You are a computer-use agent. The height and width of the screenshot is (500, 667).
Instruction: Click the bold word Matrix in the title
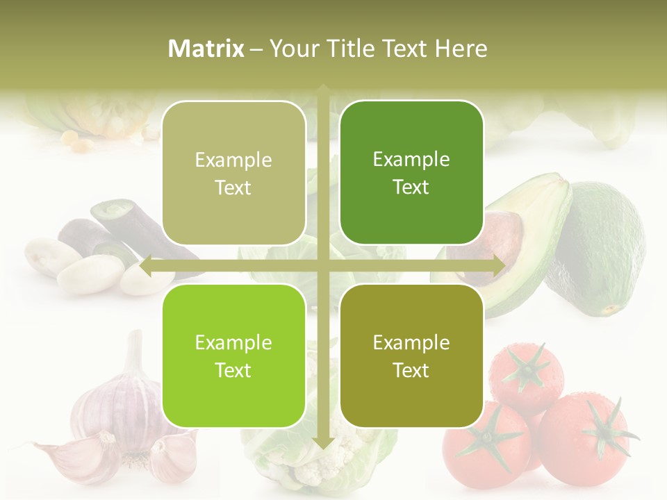click(x=206, y=49)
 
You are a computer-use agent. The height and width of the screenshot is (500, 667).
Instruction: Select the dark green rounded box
click(x=411, y=172)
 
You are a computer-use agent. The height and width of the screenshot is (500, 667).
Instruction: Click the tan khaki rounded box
click(x=233, y=173)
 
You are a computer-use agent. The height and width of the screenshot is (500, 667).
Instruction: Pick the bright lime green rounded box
click(x=233, y=356)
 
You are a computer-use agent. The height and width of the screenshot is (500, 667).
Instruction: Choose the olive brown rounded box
click(x=411, y=356)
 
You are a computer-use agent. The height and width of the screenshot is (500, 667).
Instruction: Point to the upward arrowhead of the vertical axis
click(x=322, y=89)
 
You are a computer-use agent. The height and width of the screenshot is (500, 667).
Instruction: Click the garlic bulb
click(x=115, y=403)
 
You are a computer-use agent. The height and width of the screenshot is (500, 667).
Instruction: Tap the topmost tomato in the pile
click(x=525, y=375)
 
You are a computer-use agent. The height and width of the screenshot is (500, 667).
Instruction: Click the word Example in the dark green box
click(x=411, y=159)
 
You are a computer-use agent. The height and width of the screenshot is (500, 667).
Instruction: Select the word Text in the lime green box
click(x=233, y=370)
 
